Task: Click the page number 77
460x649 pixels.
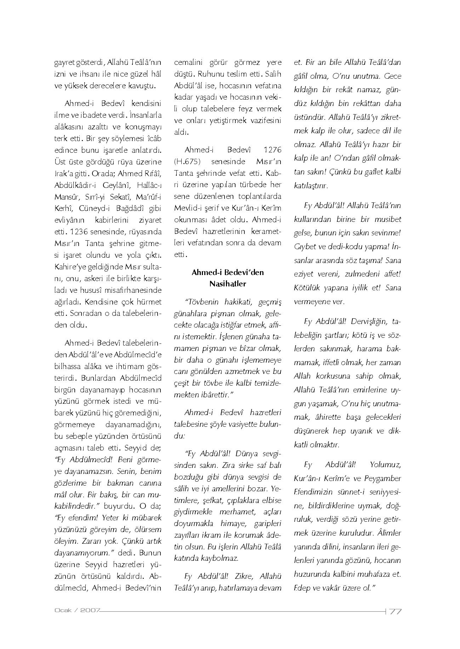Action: pos(395,611)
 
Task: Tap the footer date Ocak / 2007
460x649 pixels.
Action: pos(77,610)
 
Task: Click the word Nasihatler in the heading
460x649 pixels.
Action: pos(227,284)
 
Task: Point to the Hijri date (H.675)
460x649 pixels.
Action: pos(188,162)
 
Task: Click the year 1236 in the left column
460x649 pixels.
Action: pos(83,232)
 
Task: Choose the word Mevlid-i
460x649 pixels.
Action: pos(188,208)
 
